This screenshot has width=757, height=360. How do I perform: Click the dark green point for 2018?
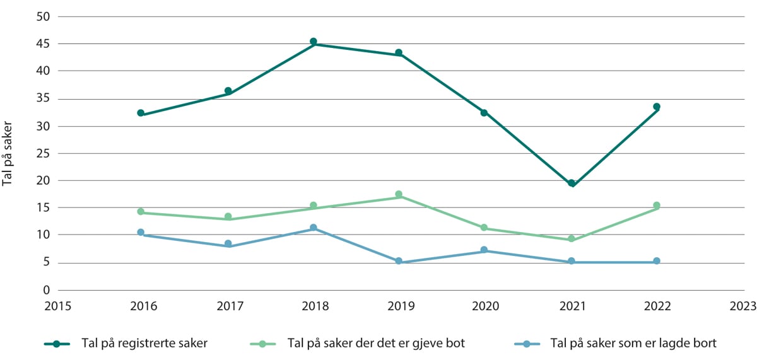[313, 42]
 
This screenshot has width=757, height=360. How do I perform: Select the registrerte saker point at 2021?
[572, 183]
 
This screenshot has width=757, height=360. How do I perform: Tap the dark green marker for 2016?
[141, 113]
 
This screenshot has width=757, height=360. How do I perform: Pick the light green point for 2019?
[399, 194]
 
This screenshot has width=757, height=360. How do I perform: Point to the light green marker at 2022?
[657, 205]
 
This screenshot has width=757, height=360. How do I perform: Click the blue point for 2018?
[313, 228]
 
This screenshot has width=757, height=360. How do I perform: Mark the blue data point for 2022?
[657, 261]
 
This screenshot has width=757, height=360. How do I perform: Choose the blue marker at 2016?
[141, 232]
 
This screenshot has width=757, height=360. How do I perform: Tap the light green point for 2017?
[228, 216]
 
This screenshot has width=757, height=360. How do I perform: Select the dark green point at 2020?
[484, 112]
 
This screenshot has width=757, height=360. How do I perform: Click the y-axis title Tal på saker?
[8, 153]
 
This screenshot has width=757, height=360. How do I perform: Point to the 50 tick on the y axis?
[42, 16]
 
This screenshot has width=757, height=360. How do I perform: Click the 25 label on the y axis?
[42, 153]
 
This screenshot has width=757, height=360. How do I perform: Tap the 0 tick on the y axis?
[46, 290]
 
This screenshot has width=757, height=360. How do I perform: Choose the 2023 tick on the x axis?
[743, 306]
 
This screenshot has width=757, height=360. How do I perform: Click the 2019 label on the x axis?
[401, 306]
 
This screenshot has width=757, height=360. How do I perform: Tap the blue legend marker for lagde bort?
[526, 344]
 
